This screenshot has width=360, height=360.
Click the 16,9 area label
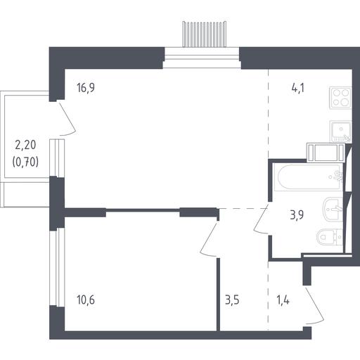click(86, 88)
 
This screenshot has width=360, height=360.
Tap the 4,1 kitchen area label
click(298, 89)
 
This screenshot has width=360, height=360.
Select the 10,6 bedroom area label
click(86, 300)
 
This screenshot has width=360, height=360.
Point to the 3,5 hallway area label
click(232, 300)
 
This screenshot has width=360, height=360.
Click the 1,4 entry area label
click(283, 300)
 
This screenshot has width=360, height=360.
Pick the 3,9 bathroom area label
click(297, 215)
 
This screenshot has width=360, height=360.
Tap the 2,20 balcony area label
click(25, 145)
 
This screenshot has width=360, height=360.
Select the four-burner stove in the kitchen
click(340, 98)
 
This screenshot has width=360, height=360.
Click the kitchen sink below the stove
click(340, 131)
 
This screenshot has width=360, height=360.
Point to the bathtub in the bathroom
click(309, 177)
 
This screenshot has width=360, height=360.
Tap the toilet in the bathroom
click(330, 237)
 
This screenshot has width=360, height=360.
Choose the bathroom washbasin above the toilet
click(333, 209)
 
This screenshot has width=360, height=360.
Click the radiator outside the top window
click(205, 34)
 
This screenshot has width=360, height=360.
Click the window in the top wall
click(202, 58)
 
